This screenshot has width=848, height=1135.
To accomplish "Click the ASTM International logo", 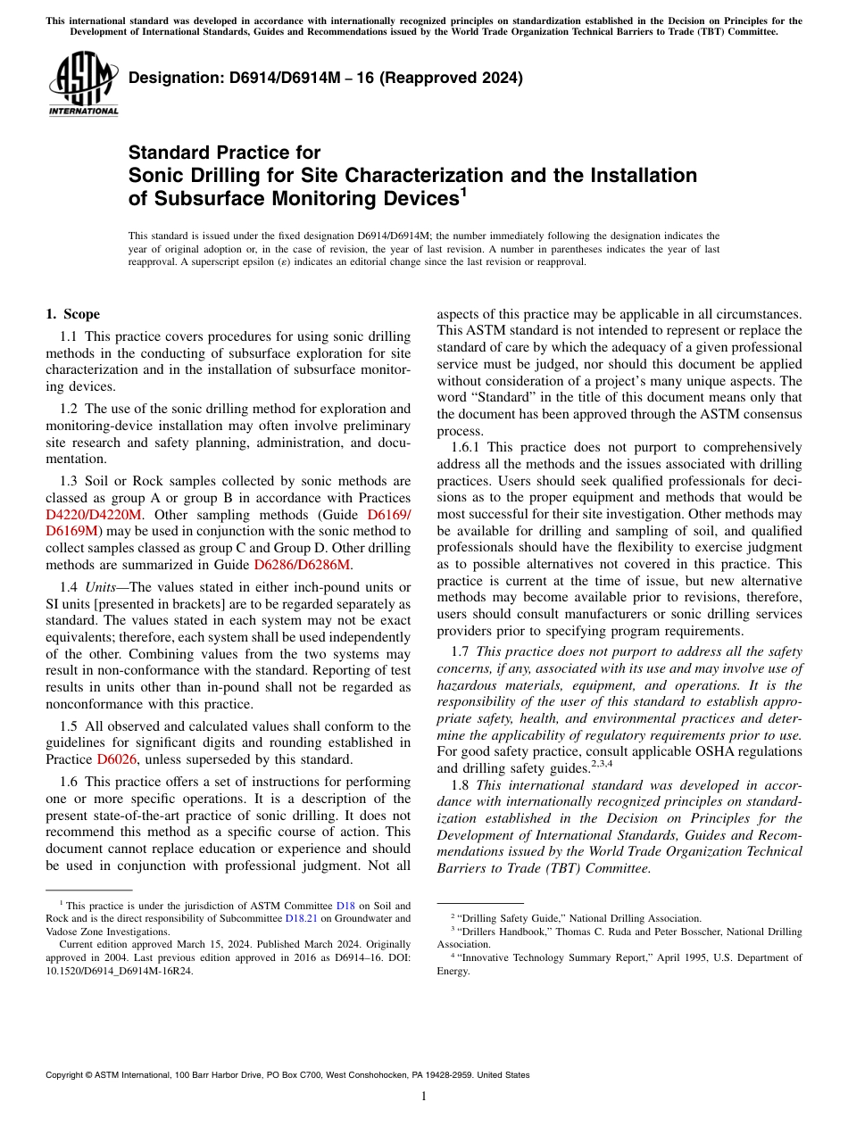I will coord(83,86).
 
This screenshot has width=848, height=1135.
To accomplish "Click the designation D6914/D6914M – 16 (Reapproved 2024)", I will coord(326,78).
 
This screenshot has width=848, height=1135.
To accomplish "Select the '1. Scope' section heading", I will coord(72,314).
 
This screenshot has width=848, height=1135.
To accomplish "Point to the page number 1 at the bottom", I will coord(424,1096).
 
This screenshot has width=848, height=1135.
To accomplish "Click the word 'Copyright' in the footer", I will coord(67,1075).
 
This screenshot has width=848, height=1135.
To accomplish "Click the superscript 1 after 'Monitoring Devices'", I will coord(463,192).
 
